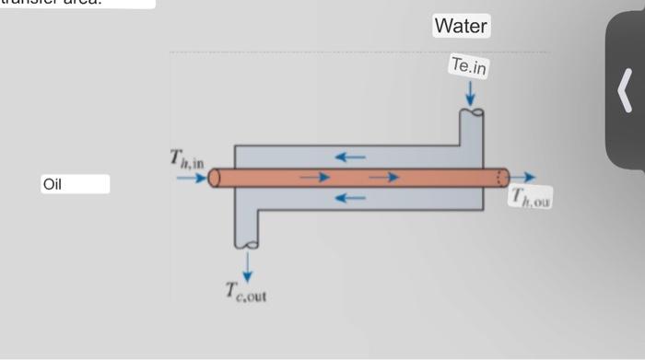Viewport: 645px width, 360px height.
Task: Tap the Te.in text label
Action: tap(469, 66)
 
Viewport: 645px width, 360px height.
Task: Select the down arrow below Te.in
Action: tap(470, 93)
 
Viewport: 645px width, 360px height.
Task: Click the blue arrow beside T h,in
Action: tap(191, 178)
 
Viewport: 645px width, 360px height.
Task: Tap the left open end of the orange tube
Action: tap(215, 178)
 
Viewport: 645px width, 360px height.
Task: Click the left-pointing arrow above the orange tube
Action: tap(350, 157)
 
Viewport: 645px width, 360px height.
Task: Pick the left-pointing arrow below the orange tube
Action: tap(350, 197)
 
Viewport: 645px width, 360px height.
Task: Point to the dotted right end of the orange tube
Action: tap(502, 177)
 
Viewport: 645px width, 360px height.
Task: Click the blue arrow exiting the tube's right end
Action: tap(522, 177)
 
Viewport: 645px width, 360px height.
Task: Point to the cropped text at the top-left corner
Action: tap(74, 4)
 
